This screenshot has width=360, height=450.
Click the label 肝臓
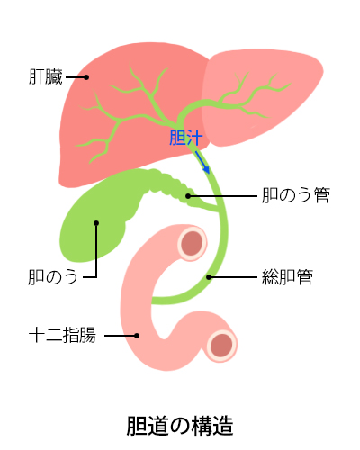tap(46, 76)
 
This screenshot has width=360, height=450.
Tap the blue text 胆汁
tap(186, 138)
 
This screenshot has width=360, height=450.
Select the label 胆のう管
tap(296, 195)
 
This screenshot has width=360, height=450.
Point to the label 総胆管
tap(287, 277)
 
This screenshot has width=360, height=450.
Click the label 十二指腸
tap(62, 335)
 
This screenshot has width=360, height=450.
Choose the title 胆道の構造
tap(180, 426)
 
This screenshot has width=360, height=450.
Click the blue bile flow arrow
tap(202, 162)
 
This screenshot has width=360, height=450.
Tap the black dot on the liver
tap(86, 77)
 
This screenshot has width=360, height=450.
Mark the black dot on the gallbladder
tap(96, 223)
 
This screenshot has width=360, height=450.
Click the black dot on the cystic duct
tap(188, 196)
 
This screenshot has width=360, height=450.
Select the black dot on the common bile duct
tap(209, 277)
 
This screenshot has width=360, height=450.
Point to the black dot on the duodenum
tap(137, 336)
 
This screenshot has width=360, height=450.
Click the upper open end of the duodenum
tap(193, 243)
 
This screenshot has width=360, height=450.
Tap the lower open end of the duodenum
tap(221, 346)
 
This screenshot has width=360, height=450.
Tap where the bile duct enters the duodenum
tap(154, 301)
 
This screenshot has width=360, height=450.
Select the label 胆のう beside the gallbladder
tap(53, 277)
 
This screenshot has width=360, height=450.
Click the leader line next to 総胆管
tap(233, 277)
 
